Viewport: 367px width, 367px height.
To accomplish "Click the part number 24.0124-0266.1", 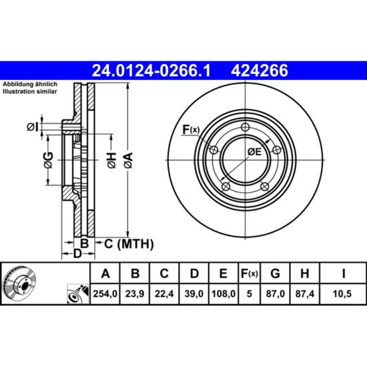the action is pyautogui.click(x=151, y=71).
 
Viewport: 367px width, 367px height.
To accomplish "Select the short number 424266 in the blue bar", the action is pyautogui.click(x=260, y=71).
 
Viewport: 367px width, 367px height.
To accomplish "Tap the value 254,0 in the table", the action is pyautogui.click(x=105, y=294).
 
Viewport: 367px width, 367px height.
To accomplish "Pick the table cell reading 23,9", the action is pyautogui.click(x=135, y=294).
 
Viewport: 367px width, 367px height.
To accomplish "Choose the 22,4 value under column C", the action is pyautogui.click(x=164, y=294).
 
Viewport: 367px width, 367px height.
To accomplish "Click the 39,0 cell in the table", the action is pyautogui.click(x=194, y=294).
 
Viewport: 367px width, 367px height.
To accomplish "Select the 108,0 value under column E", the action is pyautogui.click(x=224, y=294).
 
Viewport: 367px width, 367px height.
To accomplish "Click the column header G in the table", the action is pyautogui.click(x=275, y=273).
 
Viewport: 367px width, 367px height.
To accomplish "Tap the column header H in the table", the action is pyautogui.click(x=304, y=273).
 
